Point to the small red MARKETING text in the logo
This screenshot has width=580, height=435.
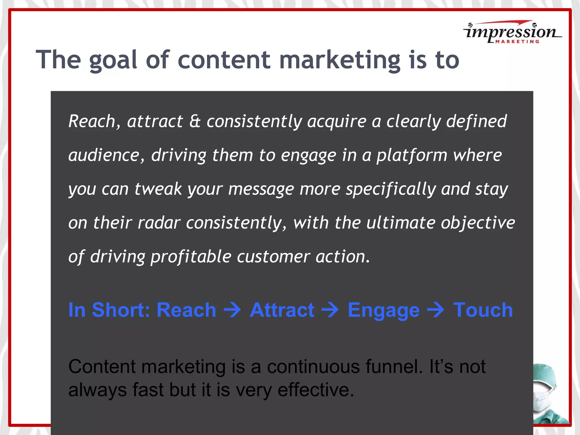[x=517, y=42]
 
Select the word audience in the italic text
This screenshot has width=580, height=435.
[x=104, y=155]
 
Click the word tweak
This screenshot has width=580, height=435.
[x=158, y=189]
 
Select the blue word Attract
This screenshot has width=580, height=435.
[x=282, y=310]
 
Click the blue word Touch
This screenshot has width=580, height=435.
[x=483, y=310]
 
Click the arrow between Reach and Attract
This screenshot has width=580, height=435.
[x=233, y=310]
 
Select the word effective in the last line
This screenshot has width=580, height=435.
[x=315, y=390]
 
